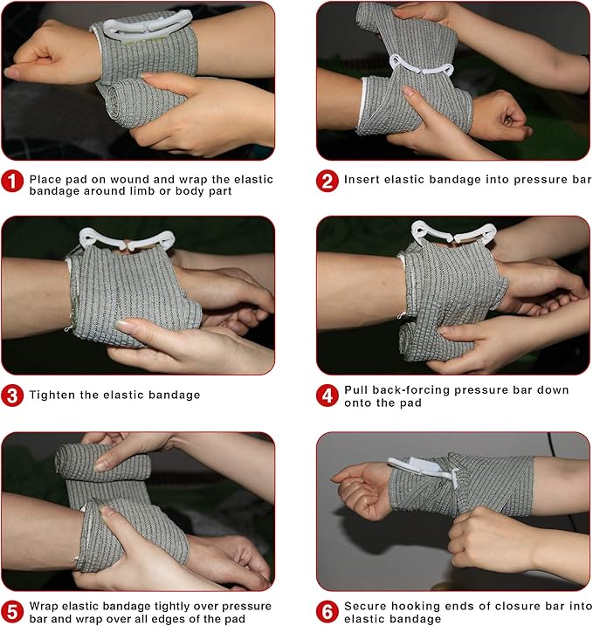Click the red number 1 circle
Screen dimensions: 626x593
pos(12,182)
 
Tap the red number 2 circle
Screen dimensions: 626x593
pos(328,182)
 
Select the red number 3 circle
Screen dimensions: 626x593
pos(12,396)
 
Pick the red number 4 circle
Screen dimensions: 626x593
pos(328,396)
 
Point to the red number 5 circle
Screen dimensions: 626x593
pos(12,610)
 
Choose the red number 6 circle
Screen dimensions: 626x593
pos(328,610)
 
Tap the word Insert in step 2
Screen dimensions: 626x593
pos(362,180)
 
